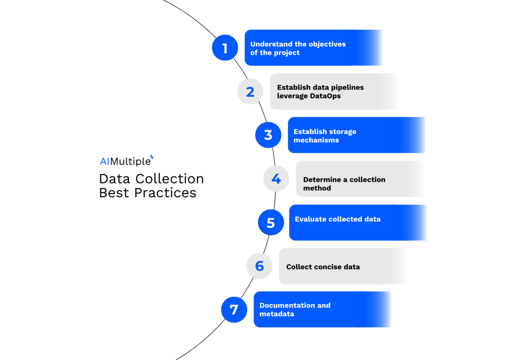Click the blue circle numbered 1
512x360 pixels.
point(225,48)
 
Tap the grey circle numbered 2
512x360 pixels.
point(250,91)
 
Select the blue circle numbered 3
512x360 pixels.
point(268,135)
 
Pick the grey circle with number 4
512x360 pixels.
point(276,179)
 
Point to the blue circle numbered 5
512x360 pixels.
point(271,222)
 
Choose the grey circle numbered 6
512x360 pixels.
point(259,266)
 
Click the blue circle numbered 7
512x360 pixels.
point(234,310)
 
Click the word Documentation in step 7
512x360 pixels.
point(287,305)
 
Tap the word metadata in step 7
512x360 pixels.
point(277,314)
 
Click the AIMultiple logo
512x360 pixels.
point(127,160)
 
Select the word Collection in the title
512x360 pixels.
point(170,179)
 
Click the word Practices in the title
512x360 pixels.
point(165,193)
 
